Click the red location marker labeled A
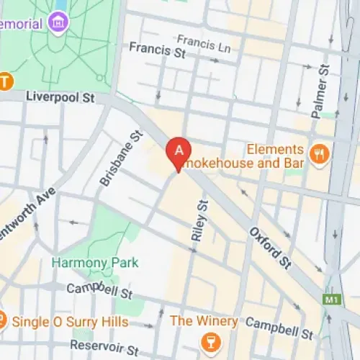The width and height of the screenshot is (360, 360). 179,152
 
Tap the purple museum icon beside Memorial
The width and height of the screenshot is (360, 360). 57,23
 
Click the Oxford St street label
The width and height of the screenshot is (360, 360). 270,249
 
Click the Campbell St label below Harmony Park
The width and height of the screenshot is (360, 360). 99,292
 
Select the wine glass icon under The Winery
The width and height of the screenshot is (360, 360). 210,339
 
